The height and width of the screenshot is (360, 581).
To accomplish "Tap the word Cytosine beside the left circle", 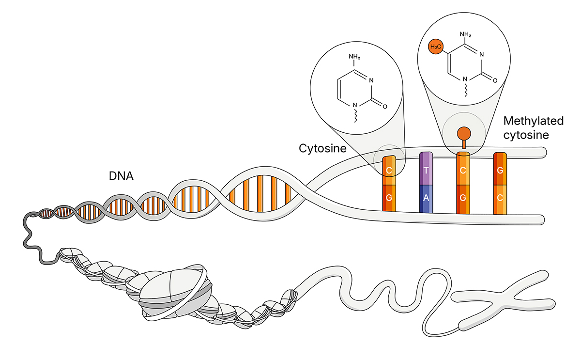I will click(x=322, y=148).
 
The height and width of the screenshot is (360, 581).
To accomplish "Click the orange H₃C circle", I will click(x=436, y=47).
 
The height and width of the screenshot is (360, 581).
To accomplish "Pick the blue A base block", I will click(x=426, y=198).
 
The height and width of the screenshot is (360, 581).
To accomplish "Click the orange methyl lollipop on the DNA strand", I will click(x=463, y=133).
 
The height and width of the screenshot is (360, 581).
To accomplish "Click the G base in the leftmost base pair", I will click(x=389, y=198).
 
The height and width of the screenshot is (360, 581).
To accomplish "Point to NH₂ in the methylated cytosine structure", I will click(x=465, y=34).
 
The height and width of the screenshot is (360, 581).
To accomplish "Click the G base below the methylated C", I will click(x=463, y=198).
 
